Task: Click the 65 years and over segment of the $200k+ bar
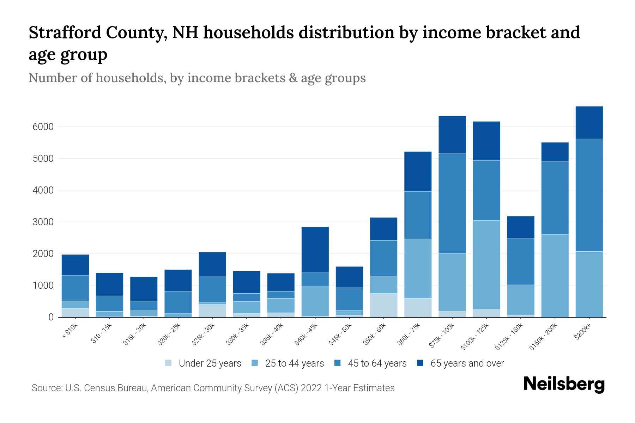click(x=589, y=123)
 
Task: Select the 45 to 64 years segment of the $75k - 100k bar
click(x=452, y=203)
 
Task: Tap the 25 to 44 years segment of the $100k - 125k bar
click(x=486, y=265)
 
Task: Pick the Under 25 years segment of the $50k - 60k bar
click(x=383, y=305)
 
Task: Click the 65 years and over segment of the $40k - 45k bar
click(x=315, y=249)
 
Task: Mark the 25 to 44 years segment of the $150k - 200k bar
click(x=555, y=276)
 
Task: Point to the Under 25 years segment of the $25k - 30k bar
click(x=212, y=311)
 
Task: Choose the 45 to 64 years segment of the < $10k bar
click(x=75, y=288)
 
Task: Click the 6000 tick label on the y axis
click(x=43, y=127)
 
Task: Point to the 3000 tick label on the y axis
click(x=43, y=222)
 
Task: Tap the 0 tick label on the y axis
click(x=51, y=317)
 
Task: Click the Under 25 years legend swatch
click(x=169, y=363)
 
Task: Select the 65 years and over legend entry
click(x=467, y=363)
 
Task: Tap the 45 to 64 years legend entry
click(x=377, y=363)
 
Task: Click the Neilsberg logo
click(x=564, y=384)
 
